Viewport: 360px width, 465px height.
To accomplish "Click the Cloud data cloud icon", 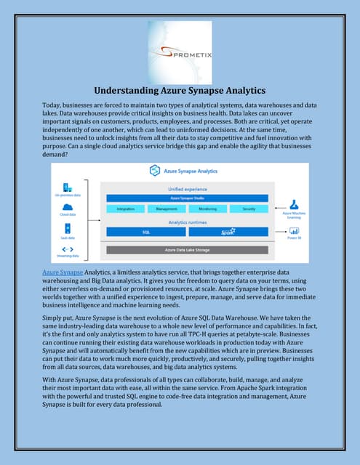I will point(67,206).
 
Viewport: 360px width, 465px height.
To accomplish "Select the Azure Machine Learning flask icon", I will point(295,206).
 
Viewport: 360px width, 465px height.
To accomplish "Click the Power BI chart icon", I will point(295,231).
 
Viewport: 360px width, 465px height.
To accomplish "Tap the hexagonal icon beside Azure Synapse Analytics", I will point(154,171).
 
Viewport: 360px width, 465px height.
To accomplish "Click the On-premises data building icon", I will point(67,187).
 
